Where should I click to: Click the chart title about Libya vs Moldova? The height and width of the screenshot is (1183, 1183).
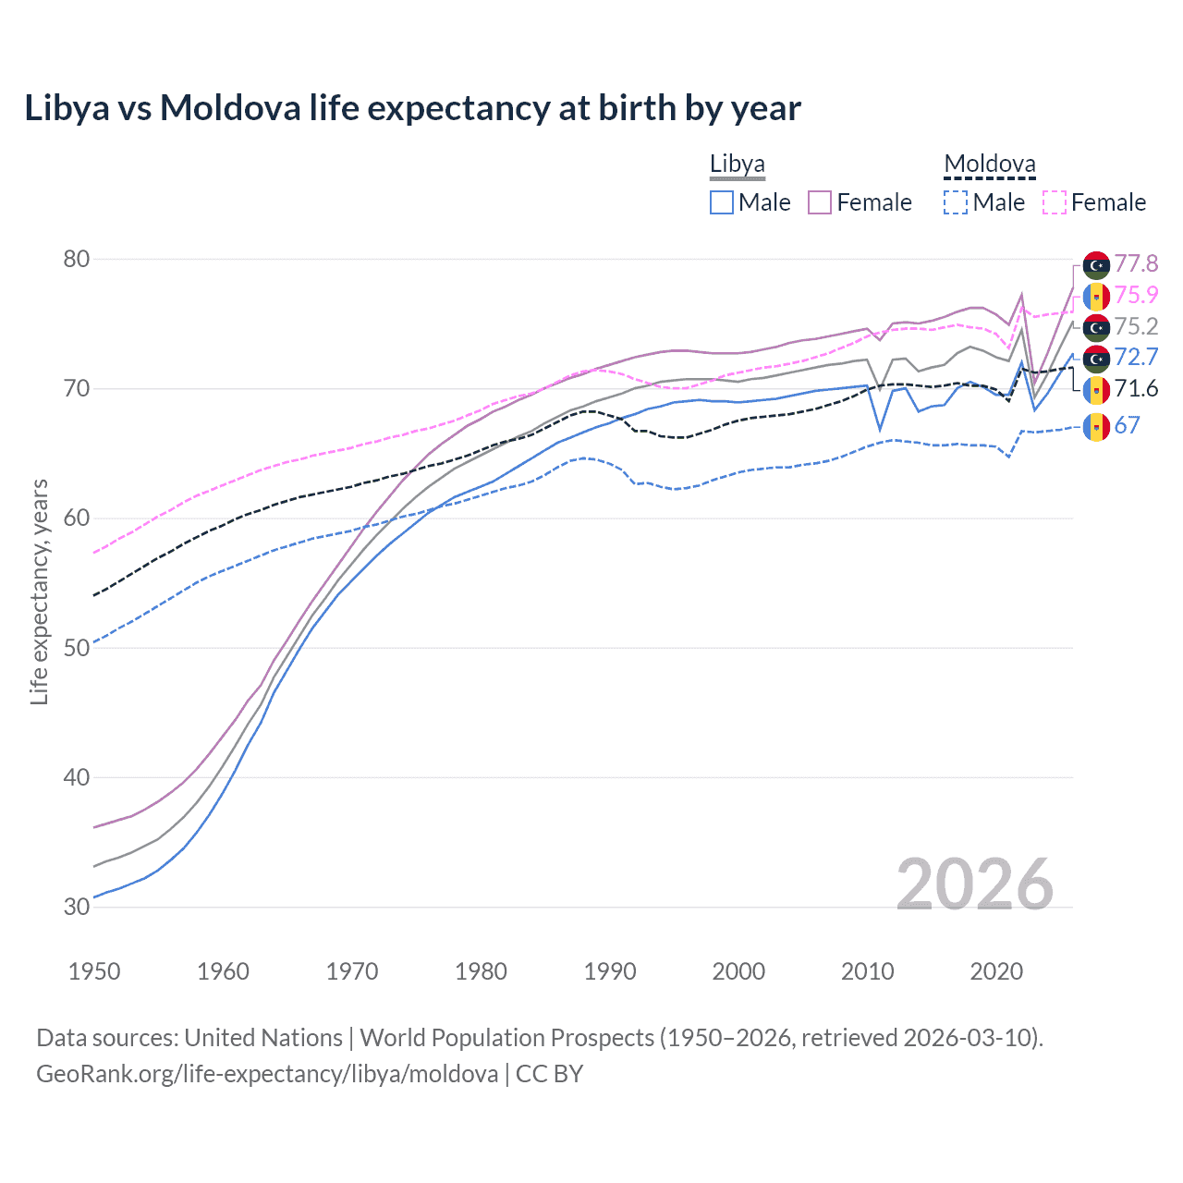412,108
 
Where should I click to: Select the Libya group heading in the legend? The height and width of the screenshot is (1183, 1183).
737,165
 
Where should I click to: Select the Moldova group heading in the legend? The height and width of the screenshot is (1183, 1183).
989,165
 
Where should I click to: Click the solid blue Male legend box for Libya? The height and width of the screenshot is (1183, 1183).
722,202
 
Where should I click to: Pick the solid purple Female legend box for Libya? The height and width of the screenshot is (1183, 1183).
820,202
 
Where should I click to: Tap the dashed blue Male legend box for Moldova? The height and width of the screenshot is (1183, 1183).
956,202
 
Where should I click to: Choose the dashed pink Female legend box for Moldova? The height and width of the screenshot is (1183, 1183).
1055,202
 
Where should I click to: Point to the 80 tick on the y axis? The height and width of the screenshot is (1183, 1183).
77,259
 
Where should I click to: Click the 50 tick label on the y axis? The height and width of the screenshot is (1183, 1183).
77,648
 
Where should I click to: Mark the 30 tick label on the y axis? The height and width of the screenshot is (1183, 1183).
77,907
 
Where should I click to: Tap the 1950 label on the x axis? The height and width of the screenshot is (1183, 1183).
94,971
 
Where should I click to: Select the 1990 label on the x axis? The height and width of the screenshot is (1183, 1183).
610,971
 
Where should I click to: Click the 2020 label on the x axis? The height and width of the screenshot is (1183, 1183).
996,971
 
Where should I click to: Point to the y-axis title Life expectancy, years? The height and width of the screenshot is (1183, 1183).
40,591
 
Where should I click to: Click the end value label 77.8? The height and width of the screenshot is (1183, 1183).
1136,264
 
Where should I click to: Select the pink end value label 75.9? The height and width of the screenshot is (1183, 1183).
1136,295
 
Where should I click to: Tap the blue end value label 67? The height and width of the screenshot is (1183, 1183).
1127,425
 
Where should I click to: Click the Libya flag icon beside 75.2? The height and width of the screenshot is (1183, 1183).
1096,327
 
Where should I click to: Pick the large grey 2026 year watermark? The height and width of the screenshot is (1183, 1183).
974,884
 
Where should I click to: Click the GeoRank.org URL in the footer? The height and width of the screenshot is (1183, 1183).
267,1074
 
